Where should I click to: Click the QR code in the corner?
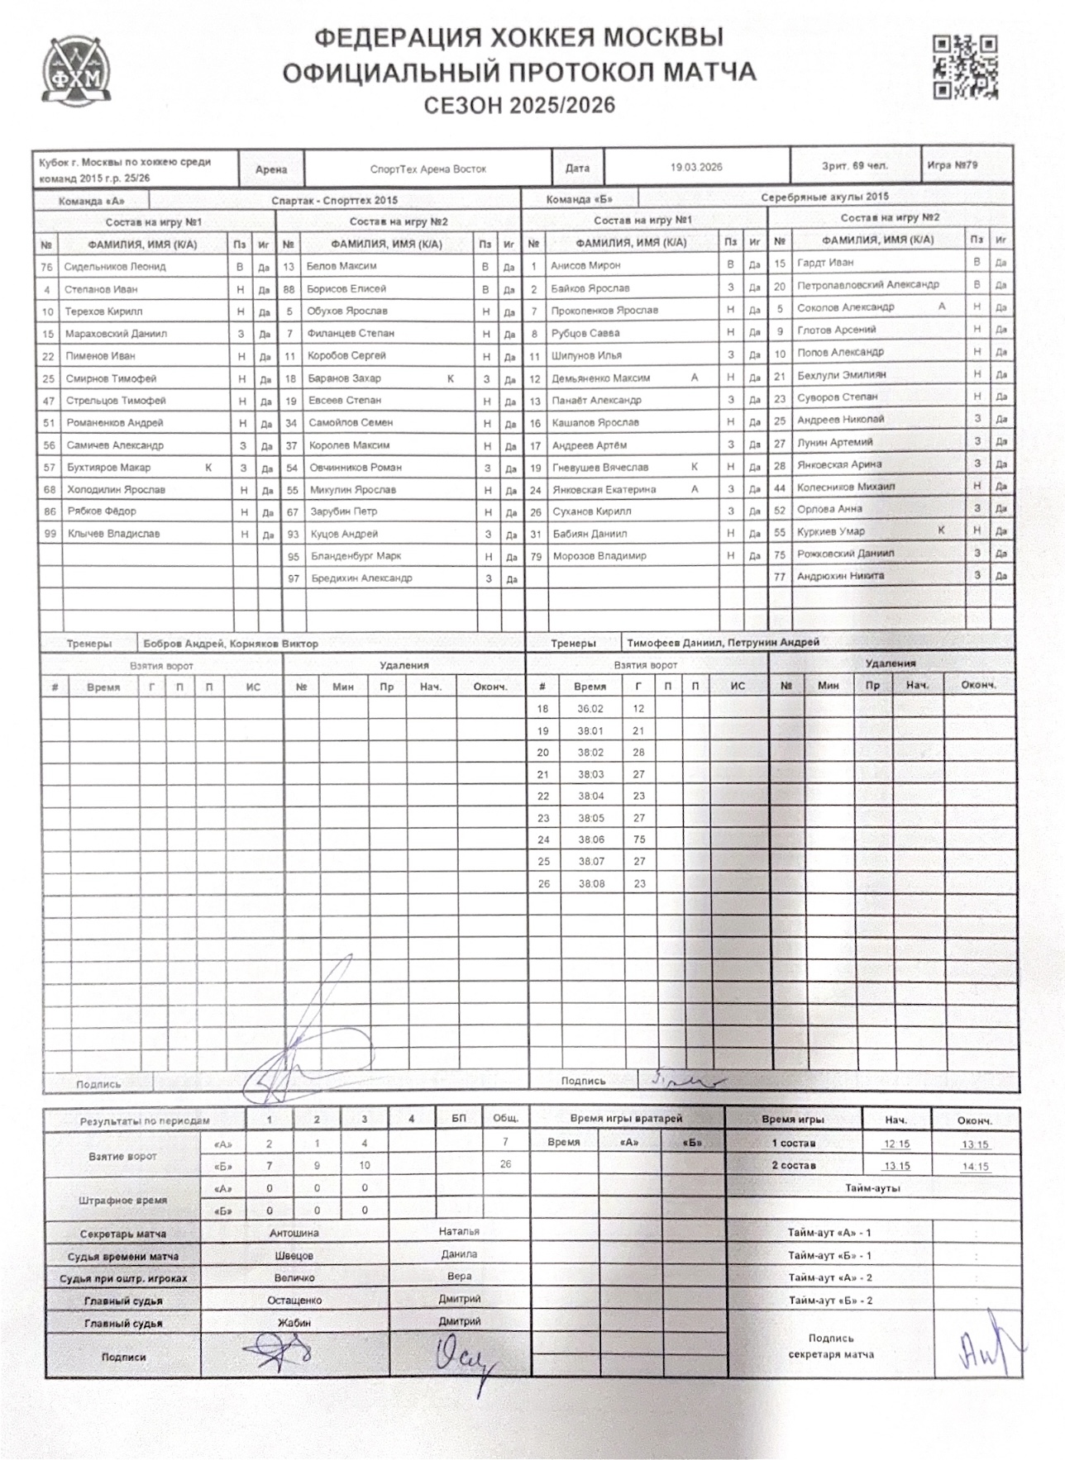tap(964, 67)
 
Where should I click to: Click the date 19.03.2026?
tap(696, 167)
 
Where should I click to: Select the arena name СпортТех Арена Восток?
tap(427, 169)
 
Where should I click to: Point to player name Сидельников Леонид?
tap(115, 267)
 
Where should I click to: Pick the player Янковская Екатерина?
tap(604, 489)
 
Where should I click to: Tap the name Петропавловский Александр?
tap(867, 284)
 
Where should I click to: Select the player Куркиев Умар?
tap(830, 531)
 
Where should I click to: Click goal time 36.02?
tap(590, 709)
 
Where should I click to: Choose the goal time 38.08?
tap(591, 883)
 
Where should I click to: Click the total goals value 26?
tap(505, 1164)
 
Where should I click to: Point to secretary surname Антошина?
tap(294, 1233)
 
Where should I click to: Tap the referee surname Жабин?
tap(294, 1323)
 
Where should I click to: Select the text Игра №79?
tap(952, 165)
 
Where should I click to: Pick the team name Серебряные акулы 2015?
tap(824, 197)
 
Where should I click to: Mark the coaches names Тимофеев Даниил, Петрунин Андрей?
tap(723, 642)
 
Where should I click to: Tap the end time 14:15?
tap(975, 1167)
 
